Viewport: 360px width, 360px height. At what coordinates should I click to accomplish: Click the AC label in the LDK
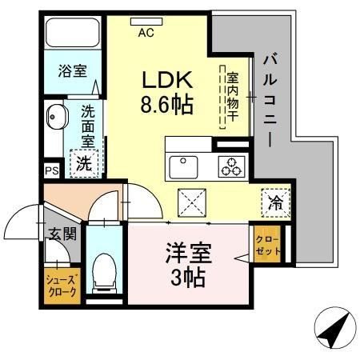146,33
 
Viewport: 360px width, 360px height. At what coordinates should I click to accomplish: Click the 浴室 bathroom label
73,71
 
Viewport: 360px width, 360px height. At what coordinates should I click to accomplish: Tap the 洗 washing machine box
83,163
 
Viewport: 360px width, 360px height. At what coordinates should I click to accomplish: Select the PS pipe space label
51,171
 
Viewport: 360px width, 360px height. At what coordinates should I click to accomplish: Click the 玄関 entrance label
62,234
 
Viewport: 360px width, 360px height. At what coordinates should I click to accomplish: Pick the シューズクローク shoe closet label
61,286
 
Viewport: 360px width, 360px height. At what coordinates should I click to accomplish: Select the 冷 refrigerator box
275,203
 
